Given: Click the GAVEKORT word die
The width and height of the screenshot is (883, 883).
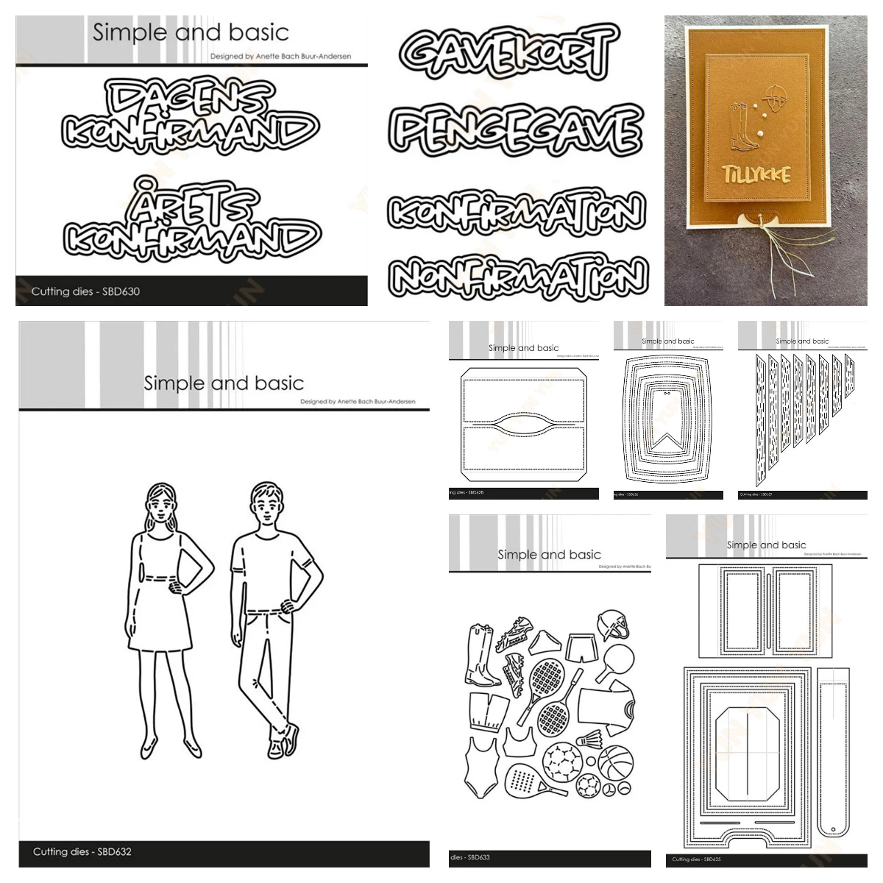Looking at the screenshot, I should (x=508, y=52).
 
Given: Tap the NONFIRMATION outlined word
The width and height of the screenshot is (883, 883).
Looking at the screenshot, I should (x=519, y=277).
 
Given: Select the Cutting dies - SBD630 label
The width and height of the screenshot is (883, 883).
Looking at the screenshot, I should (x=85, y=291).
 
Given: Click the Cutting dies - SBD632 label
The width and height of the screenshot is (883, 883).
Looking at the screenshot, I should (x=82, y=851).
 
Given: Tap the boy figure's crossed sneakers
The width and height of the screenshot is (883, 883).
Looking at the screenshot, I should (x=284, y=740).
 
